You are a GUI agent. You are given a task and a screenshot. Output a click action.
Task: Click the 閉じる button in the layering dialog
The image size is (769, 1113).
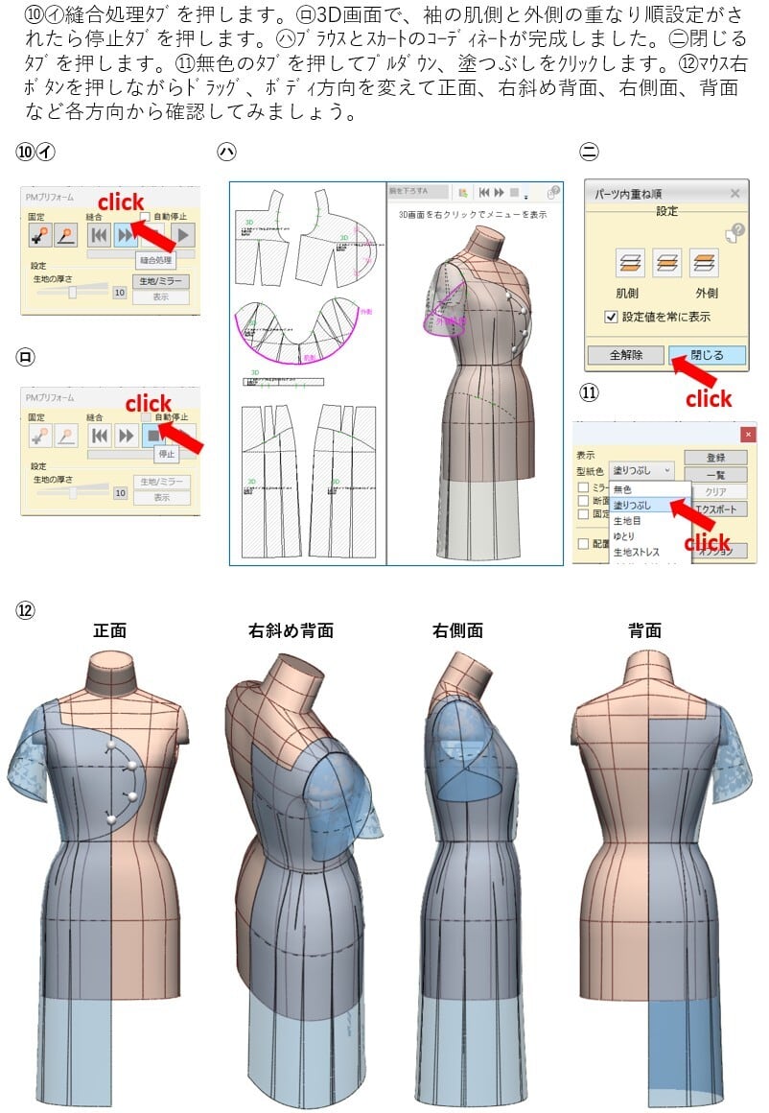706,355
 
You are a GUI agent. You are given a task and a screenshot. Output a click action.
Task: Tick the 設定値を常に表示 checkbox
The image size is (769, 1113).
611,317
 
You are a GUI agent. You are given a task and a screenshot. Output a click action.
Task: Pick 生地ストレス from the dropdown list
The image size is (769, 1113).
637,552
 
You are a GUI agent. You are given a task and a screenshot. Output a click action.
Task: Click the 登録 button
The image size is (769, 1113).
714,457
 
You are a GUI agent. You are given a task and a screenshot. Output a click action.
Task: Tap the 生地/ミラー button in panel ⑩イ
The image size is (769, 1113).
160,281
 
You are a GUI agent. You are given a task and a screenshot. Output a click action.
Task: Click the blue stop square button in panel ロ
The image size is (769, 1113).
152,436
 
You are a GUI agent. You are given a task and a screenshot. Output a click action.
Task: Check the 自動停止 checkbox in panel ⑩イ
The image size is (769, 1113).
146,217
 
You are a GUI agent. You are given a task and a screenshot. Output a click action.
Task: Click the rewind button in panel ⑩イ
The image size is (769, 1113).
99,235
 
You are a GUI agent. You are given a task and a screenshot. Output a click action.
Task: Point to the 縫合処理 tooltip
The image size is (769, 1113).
155,259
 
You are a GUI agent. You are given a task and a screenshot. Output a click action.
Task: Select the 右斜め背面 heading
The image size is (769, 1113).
291,630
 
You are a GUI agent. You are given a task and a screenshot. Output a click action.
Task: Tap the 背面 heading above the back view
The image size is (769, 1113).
644,630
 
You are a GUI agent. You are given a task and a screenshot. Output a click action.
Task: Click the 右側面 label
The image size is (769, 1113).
457,630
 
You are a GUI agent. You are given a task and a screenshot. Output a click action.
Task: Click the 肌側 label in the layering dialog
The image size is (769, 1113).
627,293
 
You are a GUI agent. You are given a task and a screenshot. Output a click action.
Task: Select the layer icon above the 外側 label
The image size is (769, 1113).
704,262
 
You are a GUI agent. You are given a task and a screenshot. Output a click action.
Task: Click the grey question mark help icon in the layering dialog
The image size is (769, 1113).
735,231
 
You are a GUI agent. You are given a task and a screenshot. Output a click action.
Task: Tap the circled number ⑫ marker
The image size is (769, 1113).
24,609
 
